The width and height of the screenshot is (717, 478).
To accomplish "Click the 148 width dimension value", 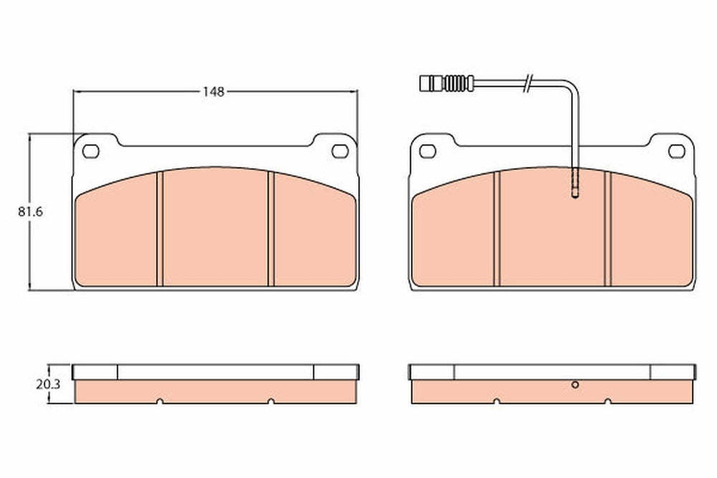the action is coord(214,92).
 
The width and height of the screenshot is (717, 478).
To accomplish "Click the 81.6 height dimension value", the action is coord(30,212).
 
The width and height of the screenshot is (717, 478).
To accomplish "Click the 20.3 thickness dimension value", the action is coord(49,385).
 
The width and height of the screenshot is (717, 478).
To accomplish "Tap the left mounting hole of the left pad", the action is coord(91,150).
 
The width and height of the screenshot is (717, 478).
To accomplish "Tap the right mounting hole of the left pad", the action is coord(340,150).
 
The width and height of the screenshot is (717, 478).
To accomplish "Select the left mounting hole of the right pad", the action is coord(427,150).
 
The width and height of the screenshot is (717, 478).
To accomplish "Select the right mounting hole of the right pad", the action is coord(677,150).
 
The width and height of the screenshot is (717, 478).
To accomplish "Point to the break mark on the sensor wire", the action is coord(528,82).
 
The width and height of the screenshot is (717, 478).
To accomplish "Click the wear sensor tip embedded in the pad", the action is coord(575,184).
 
